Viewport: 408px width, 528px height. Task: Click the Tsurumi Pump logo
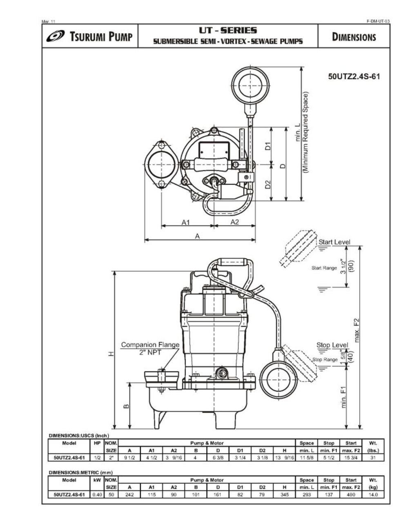click(x=89, y=37)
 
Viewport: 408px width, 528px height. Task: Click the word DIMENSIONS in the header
click(x=354, y=37)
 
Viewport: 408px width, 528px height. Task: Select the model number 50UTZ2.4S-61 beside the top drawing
click(x=354, y=76)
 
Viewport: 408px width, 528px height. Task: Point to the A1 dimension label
click(x=186, y=222)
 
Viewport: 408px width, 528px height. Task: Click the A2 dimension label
click(x=234, y=222)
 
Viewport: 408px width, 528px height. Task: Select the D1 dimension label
click(x=268, y=146)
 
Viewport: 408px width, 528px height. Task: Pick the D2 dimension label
click(x=268, y=184)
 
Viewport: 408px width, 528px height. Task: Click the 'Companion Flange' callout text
click(x=150, y=345)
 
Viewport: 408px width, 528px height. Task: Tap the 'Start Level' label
click(x=334, y=242)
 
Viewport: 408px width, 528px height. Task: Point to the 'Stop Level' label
click(x=332, y=345)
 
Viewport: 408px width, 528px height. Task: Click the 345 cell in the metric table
click(x=284, y=495)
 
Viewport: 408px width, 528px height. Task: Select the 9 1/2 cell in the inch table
click(x=129, y=457)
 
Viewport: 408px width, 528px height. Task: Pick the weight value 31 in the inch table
click(x=372, y=457)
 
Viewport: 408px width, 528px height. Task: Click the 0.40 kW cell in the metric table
click(x=97, y=495)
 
